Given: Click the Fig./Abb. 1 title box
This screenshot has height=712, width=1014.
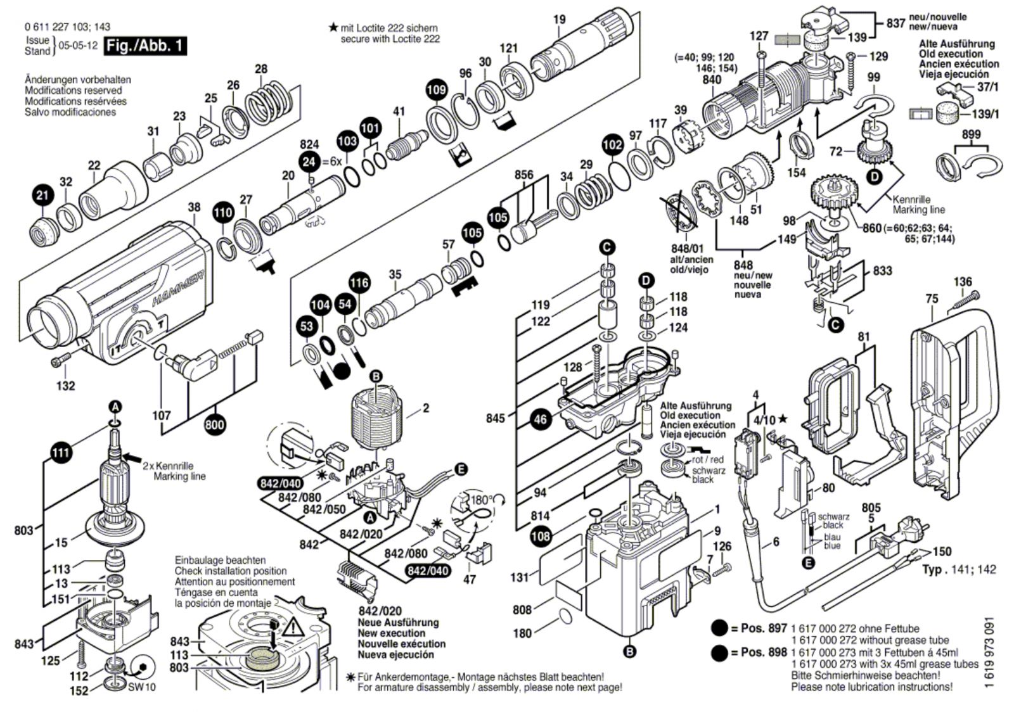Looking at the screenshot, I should click(x=145, y=46).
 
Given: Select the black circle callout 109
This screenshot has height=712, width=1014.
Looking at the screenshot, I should click(x=436, y=90).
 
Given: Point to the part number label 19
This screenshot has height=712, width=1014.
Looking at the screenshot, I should click(x=559, y=20).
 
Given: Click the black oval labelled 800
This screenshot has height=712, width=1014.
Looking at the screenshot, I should click(x=215, y=424).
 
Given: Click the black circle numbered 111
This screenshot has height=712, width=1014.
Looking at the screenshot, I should click(x=61, y=453).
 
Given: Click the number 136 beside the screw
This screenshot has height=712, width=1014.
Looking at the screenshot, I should click(x=962, y=282).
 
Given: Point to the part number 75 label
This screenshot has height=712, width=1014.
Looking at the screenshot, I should click(x=932, y=299).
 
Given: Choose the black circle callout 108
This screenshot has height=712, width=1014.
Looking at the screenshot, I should click(x=541, y=537).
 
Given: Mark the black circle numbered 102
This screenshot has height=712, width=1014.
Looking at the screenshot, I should click(x=612, y=144).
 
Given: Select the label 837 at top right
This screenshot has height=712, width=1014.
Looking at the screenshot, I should click(x=895, y=23).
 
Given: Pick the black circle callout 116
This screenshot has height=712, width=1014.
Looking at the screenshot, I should click(x=359, y=283).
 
